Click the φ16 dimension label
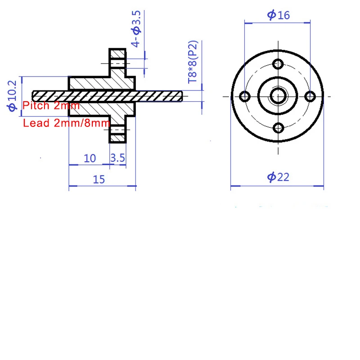coord(278,15)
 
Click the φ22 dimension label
coord(278,177)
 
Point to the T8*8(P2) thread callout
coord(193,63)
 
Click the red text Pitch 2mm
coord(51,106)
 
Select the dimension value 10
coord(90,158)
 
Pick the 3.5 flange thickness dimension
coord(117,158)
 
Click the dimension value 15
coord(99,179)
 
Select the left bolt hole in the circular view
coord(245,96)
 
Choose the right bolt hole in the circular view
coord(310,96)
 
